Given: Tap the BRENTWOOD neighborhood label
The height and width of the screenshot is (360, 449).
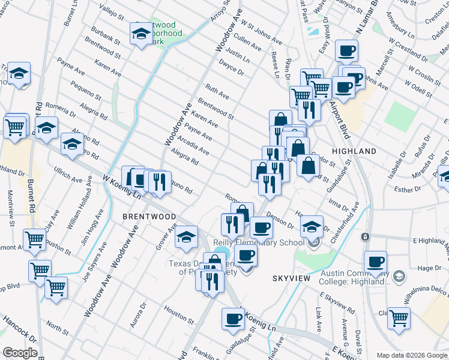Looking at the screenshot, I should [x=149, y=217].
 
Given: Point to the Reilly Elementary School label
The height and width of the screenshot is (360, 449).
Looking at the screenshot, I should [x=259, y=243].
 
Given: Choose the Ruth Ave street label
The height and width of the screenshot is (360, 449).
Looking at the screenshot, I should [x=217, y=92].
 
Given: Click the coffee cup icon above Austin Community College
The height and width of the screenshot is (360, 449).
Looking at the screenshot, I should [x=376, y=262].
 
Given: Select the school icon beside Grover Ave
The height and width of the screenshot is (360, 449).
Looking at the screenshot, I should [x=186, y=238].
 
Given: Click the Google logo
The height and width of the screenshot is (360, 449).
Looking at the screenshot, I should [x=20, y=353].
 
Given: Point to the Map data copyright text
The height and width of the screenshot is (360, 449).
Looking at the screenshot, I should [x=411, y=355].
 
